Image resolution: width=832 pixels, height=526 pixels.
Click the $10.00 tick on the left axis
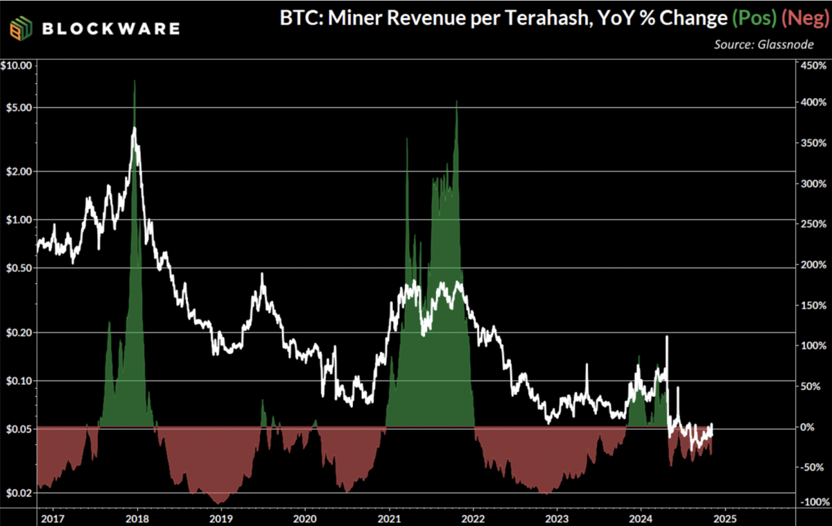[17, 66]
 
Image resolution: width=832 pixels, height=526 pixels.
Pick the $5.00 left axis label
[19, 108]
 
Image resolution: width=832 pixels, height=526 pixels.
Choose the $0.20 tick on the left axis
[19, 332]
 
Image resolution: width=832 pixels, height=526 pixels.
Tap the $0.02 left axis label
[19, 493]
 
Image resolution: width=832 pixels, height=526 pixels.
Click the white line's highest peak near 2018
[134, 128]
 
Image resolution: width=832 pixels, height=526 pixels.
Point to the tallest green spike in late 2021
[456, 102]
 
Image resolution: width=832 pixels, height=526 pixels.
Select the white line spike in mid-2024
[667, 337]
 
